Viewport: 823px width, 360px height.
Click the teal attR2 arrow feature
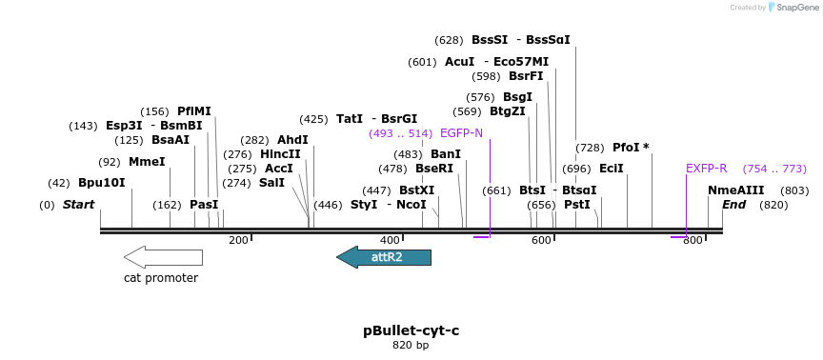(384, 257)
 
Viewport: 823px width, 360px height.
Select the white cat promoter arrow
(163, 257)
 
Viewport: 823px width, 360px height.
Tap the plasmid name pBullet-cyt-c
(411, 330)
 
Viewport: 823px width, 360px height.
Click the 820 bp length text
(411, 345)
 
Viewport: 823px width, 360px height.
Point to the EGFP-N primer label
(461, 133)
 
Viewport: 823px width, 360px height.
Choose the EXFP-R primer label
(706, 169)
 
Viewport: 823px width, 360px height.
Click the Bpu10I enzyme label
(101, 183)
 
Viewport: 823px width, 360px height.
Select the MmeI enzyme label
(146, 162)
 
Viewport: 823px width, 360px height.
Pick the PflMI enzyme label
(193, 111)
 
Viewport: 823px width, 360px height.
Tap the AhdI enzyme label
(292, 140)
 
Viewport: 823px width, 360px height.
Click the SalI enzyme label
(271, 183)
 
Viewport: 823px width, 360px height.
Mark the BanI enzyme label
(445, 154)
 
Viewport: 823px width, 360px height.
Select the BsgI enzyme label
(517, 97)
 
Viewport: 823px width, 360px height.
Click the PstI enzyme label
(576, 204)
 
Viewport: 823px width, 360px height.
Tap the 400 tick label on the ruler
(390, 240)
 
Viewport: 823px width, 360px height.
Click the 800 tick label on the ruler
(692, 240)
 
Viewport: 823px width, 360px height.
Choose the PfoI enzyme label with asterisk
(631, 148)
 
